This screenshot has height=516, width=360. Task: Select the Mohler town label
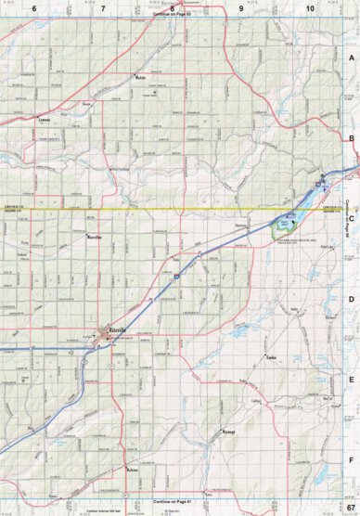click(x=142, y=77)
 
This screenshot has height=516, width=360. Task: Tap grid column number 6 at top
click(x=34, y=8)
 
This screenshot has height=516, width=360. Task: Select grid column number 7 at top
click(x=103, y=8)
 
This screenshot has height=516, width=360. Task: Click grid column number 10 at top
click(x=310, y=8)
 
